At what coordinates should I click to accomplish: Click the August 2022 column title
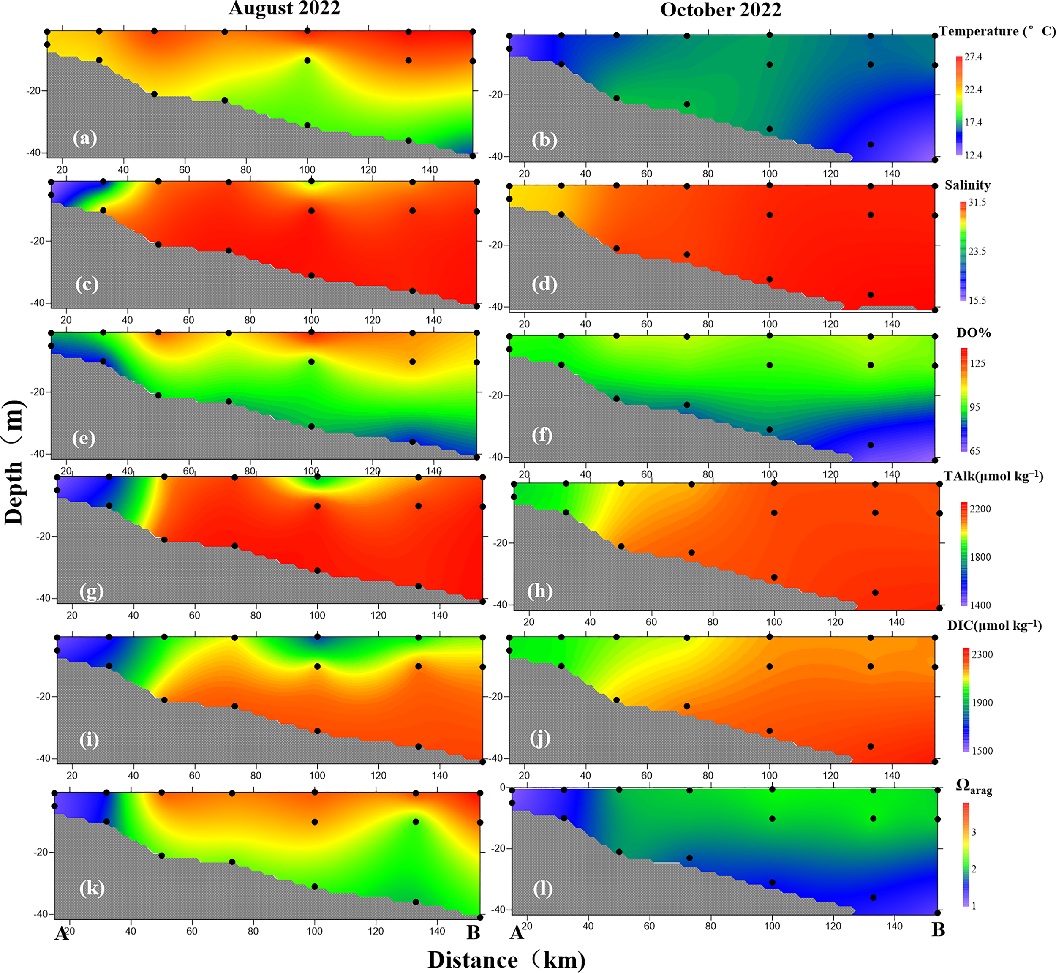coord(284,8)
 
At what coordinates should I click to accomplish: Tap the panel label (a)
coord(85,139)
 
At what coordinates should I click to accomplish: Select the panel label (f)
coord(542,436)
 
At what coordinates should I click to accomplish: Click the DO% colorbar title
coord(973,333)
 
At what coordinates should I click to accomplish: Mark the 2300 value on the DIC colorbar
coord(982,654)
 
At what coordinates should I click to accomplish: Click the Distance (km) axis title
coord(506,960)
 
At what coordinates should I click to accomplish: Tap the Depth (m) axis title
coord(14,462)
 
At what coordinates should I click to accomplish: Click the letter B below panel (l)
coord(938,930)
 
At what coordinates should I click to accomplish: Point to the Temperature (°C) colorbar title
coord(997,32)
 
